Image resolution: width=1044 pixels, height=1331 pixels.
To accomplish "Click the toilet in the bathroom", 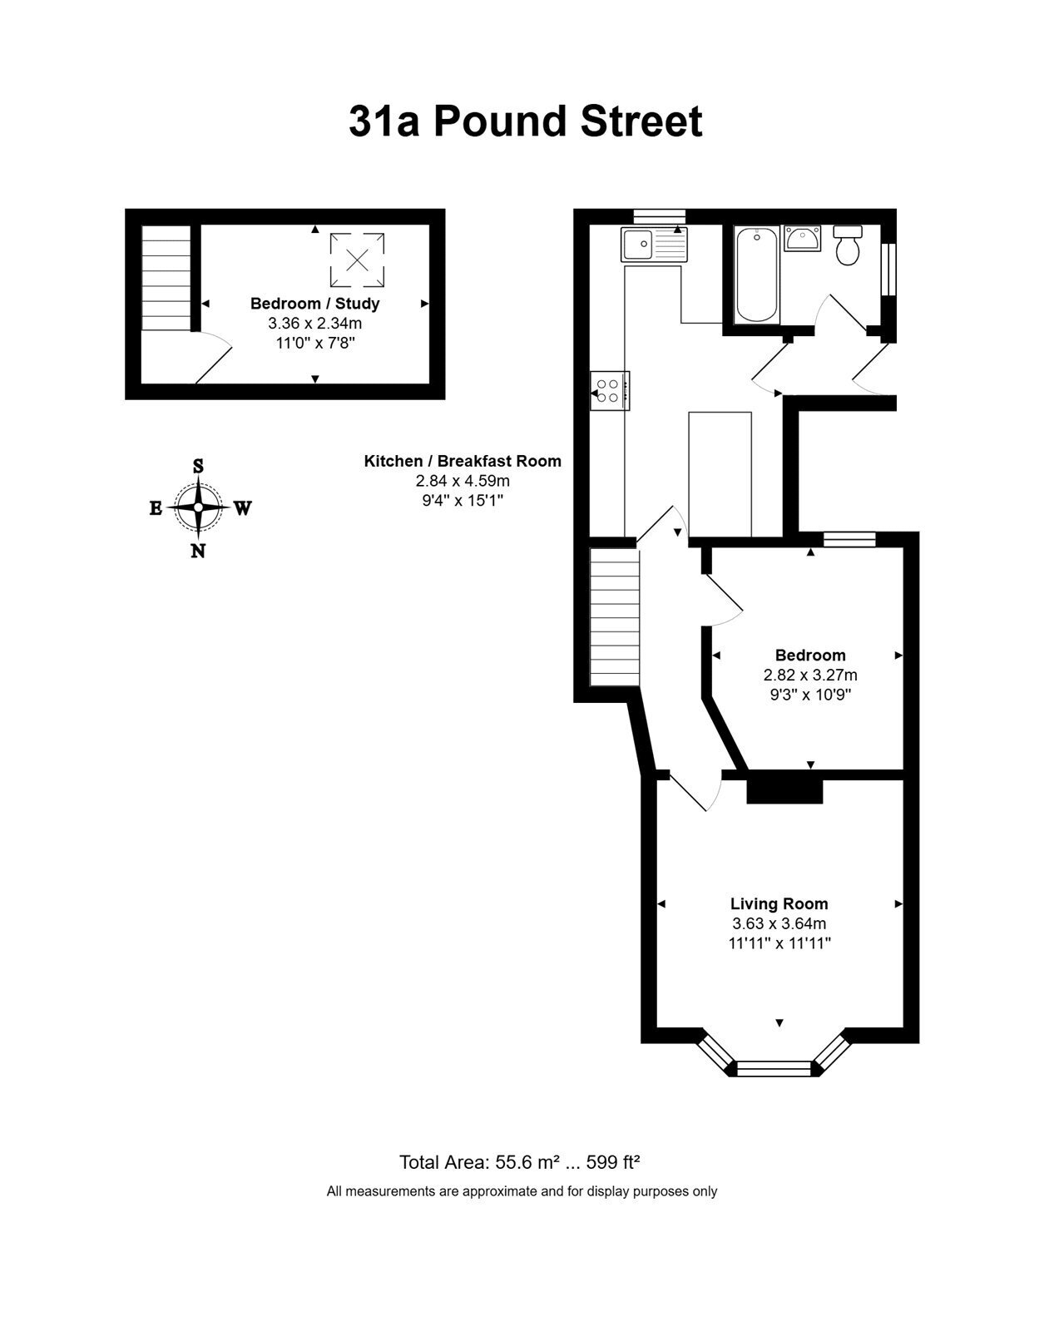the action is pyautogui.click(x=848, y=245).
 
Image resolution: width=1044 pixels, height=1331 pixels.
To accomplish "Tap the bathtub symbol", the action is pyautogui.click(x=758, y=275).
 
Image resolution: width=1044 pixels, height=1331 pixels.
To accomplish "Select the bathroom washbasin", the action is pyautogui.click(x=803, y=238).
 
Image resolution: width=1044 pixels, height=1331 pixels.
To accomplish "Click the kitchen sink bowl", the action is pyautogui.click(x=637, y=244).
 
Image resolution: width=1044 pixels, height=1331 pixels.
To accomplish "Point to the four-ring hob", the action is pyautogui.click(x=609, y=391).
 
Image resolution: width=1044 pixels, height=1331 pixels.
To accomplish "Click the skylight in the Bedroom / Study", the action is pyautogui.click(x=357, y=260).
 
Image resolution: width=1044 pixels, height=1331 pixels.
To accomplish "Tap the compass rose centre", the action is pyautogui.click(x=198, y=507).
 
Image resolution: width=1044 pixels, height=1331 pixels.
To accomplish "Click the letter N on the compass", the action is pyautogui.click(x=198, y=552).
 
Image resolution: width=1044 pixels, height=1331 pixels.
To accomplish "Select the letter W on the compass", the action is pyautogui.click(x=242, y=507).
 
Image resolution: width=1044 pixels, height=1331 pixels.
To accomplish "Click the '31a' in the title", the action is pyautogui.click(x=384, y=122).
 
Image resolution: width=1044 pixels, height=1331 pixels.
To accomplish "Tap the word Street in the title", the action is pyautogui.click(x=641, y=122).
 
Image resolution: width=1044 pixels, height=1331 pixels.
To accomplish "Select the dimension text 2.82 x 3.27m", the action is pyautogui.click(x=810, y=675).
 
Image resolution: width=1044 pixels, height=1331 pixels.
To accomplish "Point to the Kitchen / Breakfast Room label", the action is pyautogui.click(x=463, y=461).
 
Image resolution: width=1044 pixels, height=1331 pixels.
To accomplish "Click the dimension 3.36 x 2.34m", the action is pyautogui.click(x=314, y=323).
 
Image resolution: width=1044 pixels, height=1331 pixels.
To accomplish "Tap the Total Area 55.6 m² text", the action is pyautogui.click(x=479, y=1162).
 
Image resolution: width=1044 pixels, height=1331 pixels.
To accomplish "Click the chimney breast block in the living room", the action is pyautogui.click(x=784, y=791).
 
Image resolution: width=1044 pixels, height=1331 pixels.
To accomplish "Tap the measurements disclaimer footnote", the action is pyautogui.click(x=522, y=1191).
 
